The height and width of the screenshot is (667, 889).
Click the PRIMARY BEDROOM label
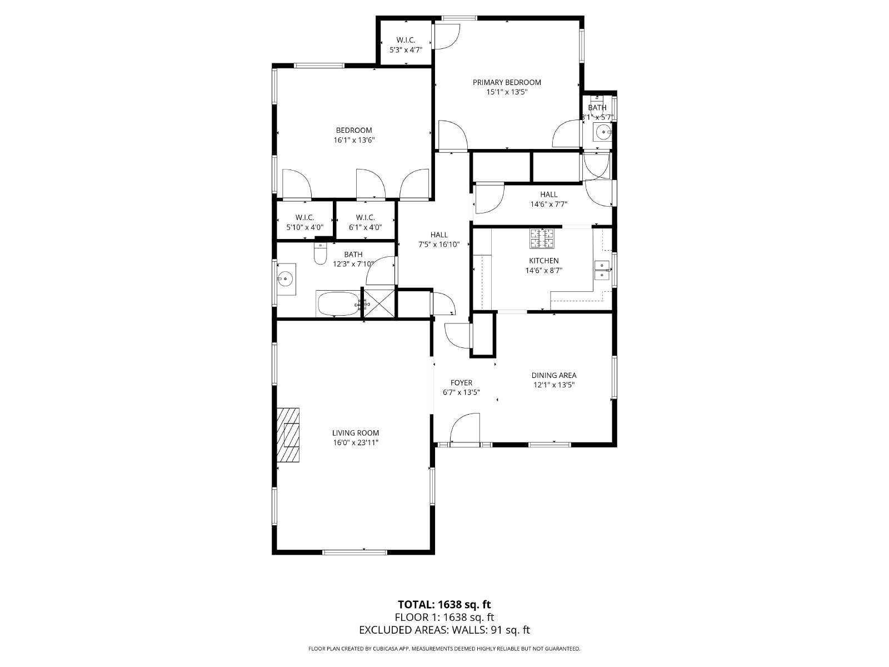coord(507,82)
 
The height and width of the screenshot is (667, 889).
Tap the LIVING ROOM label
coord(356,433)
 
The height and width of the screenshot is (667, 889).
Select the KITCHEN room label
coord(543,261)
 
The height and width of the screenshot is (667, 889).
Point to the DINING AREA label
coord(553,375)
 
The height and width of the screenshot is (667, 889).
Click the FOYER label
coord(461,383)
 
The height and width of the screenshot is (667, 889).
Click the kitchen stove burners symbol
coord(542,238)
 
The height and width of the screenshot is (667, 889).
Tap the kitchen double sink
coord(602,270)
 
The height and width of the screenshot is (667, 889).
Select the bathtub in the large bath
coord(338,303)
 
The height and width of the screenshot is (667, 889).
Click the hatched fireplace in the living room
coord(288,435)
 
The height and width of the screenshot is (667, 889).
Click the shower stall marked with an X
coord(379,303)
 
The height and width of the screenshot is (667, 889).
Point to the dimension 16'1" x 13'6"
coord(354,140)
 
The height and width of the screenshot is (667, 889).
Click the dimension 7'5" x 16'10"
coord(439,245)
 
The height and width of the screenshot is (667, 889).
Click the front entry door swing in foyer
coord(465,429)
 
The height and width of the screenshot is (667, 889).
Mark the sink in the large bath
coord(286,279)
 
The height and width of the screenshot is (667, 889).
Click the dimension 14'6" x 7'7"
coord(549,205)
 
